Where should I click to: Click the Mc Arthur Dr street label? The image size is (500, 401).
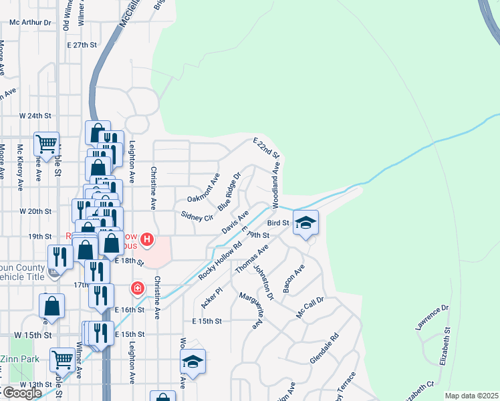pos(30,22)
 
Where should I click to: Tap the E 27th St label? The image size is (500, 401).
pos(82,45)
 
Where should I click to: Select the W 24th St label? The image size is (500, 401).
pos(35,116)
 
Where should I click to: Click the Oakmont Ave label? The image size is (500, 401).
pos(203,189)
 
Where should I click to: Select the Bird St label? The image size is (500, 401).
pos(277,223)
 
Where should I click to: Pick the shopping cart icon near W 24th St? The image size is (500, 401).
pos(46,142)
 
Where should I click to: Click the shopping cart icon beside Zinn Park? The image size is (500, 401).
pos(62,359)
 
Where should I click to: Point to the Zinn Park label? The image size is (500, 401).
pos(15,359)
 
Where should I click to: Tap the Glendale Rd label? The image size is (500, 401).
pos(324,350)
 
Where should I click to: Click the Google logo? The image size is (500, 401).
pos(21,393)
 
